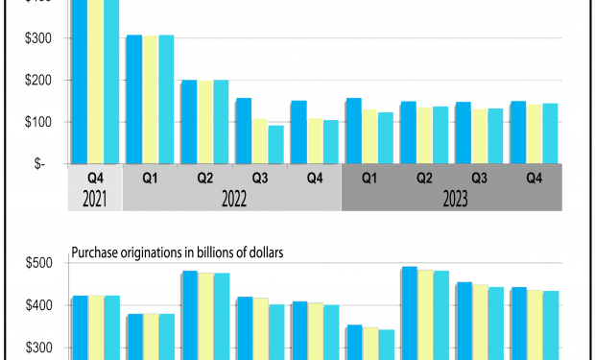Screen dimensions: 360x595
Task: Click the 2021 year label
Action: (x=95, y=200)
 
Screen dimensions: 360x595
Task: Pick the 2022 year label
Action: (x=231, y=200)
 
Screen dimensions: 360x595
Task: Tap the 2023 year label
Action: (x=451, y=200)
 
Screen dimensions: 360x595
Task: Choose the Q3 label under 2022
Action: (x=259, y=178)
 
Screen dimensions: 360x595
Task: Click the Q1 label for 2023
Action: (x=369, y=178)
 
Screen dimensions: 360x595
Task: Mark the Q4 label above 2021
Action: (x=95, y=178)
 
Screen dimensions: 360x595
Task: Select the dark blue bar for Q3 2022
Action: (x=244, y=131)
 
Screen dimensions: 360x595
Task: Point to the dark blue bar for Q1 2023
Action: (x=353, y=131)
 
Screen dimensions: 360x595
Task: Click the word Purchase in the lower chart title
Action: (x=95, y=254)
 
